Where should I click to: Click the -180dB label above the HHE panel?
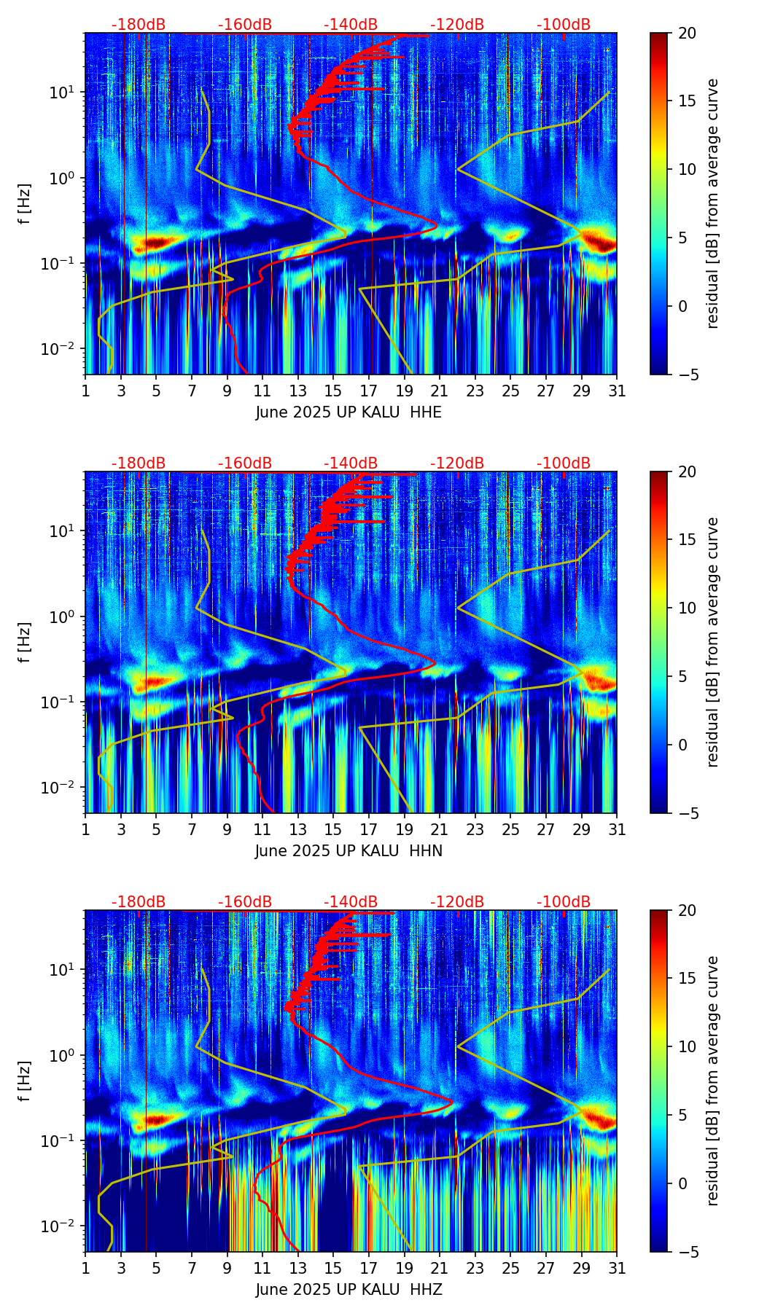click(x=139, y=25)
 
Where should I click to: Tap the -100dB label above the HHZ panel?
click(x=564, y=902)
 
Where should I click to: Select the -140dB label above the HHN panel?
click(x=351, y=463)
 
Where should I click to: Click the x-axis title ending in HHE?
click(x=349, y=412)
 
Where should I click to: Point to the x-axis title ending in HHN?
click(x=349, y=851)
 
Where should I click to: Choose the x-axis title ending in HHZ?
click(x=349, y=1290)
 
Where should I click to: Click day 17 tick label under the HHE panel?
click(x=369, y=391)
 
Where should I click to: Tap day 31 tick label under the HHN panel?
click(x=617, y=829)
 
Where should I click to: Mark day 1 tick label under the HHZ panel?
click(x=85, y=1268)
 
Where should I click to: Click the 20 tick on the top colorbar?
click(x=687, y=33)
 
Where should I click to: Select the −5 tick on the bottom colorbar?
click(x=687, y=1252)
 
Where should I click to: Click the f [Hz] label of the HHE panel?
click(x=25, y=203)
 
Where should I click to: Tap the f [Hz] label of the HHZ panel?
click(x=25, y=1081)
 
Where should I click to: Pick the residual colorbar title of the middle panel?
click(x=713, y=642)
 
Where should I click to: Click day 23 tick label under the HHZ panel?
click(x=475, y=1268)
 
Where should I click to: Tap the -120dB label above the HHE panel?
click(x=457, y=25)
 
